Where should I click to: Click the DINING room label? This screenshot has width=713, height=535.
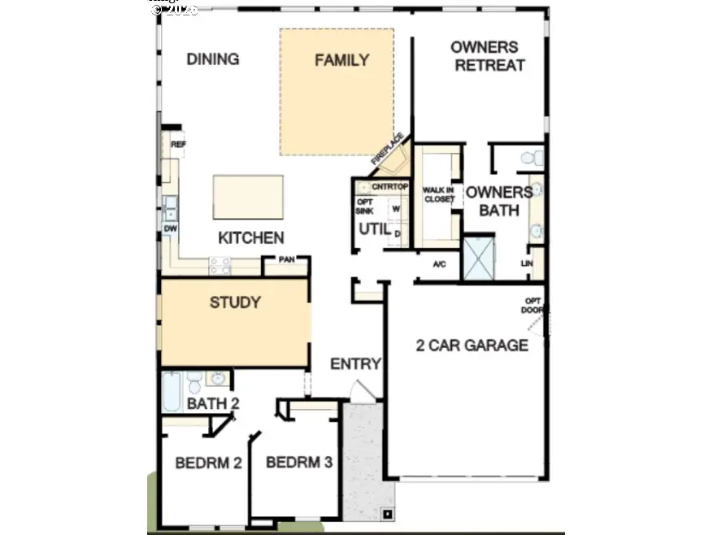click(212, 59)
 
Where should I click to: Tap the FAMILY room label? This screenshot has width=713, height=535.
click(341, 60)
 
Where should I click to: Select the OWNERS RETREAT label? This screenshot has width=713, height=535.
click(489, 56)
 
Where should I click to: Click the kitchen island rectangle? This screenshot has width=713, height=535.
click(248, 197)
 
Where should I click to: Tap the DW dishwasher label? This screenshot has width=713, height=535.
click(171, 229)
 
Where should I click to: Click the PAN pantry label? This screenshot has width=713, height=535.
click(286, 261)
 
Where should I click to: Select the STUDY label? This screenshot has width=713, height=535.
click(235, 303)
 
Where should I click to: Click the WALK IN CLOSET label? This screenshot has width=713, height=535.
click(438, 194)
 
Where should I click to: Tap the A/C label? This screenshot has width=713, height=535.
click(440, 264)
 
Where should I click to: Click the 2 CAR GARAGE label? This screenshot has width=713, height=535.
click(472, 346)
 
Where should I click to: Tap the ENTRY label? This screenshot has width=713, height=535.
click(355, 364)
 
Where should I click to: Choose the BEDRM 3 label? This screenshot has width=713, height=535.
click(298, 463)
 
